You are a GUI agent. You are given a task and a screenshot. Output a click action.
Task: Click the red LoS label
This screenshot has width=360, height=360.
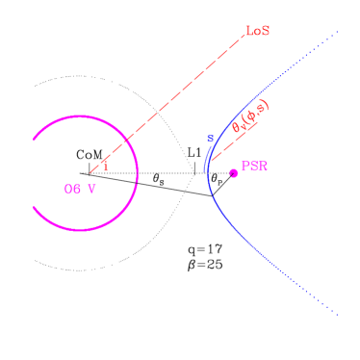click(257, 31)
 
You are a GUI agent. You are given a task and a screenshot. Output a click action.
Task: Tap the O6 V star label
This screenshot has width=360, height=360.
click(80, 189)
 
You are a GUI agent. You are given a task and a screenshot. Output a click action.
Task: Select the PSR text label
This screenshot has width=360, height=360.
click(254, 167)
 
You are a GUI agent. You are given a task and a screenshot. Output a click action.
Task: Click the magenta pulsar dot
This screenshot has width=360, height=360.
click(233, 173)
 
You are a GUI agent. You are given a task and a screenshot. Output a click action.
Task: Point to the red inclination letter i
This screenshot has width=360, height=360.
click(105, 166)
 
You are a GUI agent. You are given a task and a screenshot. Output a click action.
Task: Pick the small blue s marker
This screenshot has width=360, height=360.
click(210, 139)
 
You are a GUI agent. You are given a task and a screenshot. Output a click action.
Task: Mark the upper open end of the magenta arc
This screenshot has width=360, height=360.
click(35, 139)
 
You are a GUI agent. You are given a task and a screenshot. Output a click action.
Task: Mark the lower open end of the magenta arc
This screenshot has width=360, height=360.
click(35, 208)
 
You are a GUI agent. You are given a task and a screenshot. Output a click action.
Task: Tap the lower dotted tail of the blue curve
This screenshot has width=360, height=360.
click(318, 296)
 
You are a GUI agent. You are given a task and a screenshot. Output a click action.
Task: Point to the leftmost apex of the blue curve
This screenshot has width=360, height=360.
click(206, 171)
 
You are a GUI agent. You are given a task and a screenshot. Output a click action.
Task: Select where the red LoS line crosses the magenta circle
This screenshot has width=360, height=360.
click(128, 142)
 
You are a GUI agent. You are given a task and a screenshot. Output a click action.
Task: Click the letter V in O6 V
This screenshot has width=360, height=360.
click(92, 189)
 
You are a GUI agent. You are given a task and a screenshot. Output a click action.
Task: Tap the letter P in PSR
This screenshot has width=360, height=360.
click(244, 167)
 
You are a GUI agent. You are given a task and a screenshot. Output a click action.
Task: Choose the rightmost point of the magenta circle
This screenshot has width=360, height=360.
click(138, 173)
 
